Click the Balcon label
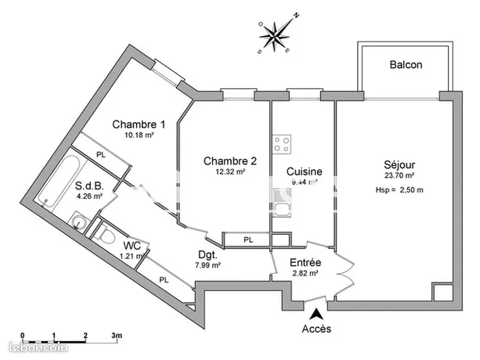click(406, 65)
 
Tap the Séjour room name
click(399, 164)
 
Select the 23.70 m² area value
click(399, 176)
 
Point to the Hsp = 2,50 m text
click(399, 190)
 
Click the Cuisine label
click(304, 171)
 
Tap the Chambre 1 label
click(139, 124)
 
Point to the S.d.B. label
click(92, 186)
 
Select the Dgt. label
click(208, 254)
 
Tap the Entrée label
click(305, 261)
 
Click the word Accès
click(316, 329)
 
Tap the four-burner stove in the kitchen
click(282, 144)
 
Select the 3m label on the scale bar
click(116, 336)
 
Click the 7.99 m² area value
click(208, 265)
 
